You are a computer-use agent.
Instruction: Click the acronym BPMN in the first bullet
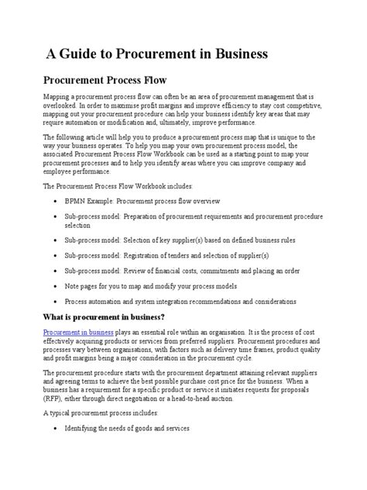click(78, 199)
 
